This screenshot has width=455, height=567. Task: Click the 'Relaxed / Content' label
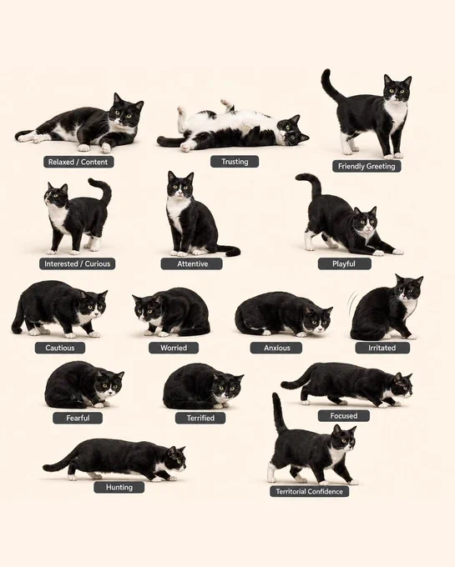pyautogui.click(x=78, y=162)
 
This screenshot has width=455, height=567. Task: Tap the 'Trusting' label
pyautogui.click(x=235, y=161)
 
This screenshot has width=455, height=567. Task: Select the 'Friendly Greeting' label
pyautogui.click(x=367, y=166)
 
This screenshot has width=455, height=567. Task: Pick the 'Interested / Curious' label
pyautogui.click(x=77, y=263)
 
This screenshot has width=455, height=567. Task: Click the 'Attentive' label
pyautogui.click(x=192, y=263)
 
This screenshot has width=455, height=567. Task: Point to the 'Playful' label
pyautogui.click(x=344, y=263)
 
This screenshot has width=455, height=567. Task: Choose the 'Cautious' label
pyautogui.click(x=60, y=348)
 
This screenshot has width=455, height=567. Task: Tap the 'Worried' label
pyautogui.click(x=174, y=348)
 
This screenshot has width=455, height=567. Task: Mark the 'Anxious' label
pyautogui.click(x=276, y=348)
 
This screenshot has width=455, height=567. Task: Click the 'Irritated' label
pyautogui.click(x=382, y=348)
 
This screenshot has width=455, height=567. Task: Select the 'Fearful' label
pyautogui.click(x=78, y=418)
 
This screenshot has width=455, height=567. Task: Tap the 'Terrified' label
pyautogui.click(x=200, y=418)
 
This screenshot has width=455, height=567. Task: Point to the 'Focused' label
pyautogui.click(x=343, y=415)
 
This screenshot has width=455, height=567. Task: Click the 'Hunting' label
pyautogui.click(x=119, y=487)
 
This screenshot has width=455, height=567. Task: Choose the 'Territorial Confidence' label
pyautogui.click(x=309, y=491)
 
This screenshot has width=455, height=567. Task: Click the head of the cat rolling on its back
pyautogui.click(x=292, y=130)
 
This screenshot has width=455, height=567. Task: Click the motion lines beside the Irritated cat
pyautogui.click(x=351, y=303)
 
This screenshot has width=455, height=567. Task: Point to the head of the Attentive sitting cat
pyautogui.click(x=180, y=184)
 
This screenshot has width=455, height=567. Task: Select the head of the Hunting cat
pyautogui.click(x=176, y=460)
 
